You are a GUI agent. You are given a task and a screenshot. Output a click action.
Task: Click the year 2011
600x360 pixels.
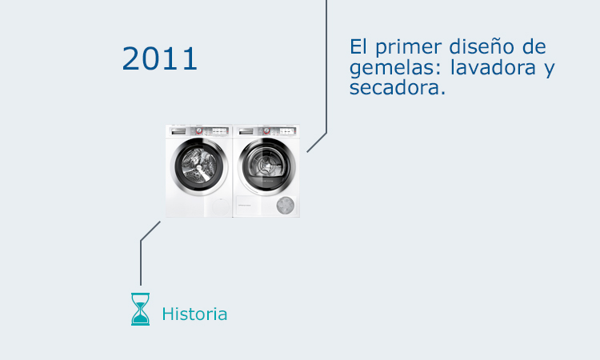pos(160,59)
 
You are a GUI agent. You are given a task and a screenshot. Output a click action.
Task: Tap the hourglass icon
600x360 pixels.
pos(140,309)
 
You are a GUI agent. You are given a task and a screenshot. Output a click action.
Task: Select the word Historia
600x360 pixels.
pos(194,314)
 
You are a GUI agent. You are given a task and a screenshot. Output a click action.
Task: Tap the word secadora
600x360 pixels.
pos(396,89)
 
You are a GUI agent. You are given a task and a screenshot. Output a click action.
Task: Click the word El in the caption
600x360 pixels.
pos(358,46)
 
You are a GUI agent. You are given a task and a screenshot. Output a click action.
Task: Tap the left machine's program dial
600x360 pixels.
pos(199,130)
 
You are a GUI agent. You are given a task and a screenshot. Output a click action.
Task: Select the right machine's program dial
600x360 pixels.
pos(266,130)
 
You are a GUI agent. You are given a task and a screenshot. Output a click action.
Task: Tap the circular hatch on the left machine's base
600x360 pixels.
pos(222,206)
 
